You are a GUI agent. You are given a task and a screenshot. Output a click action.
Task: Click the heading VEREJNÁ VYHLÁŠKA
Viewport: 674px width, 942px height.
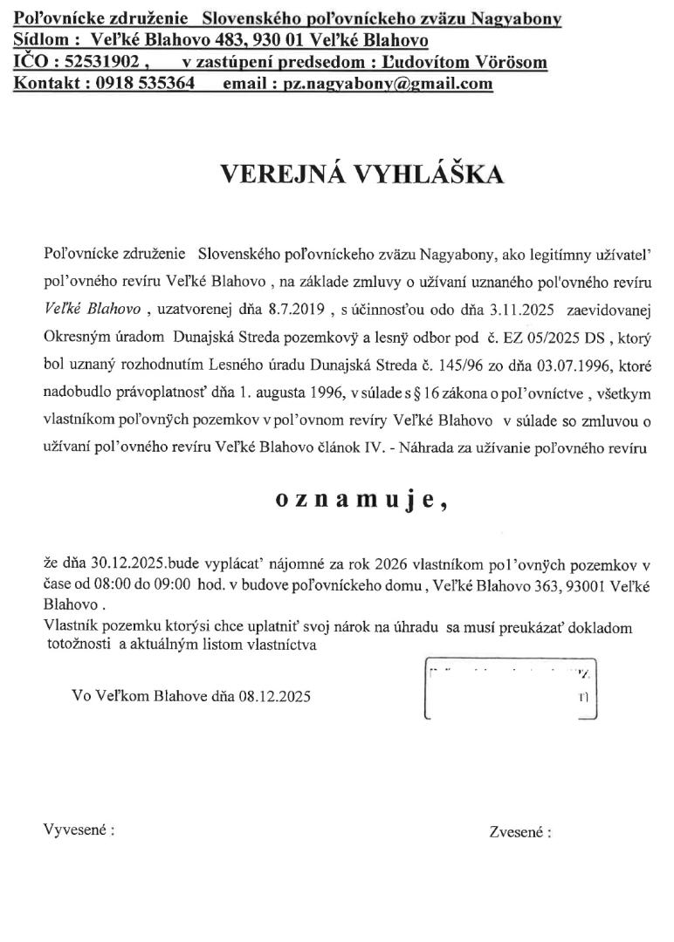click(x=361, y=174)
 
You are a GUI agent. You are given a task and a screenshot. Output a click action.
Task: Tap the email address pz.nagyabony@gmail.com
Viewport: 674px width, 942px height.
click(x=377, y=84)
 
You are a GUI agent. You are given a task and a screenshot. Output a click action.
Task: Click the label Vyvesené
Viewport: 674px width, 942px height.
click(x=79, y=829)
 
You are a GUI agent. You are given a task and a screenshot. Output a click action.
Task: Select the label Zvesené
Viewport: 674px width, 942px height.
click(x=520, y=832)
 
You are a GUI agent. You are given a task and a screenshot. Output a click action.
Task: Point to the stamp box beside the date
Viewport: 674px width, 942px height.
click(x=510, y=691)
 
